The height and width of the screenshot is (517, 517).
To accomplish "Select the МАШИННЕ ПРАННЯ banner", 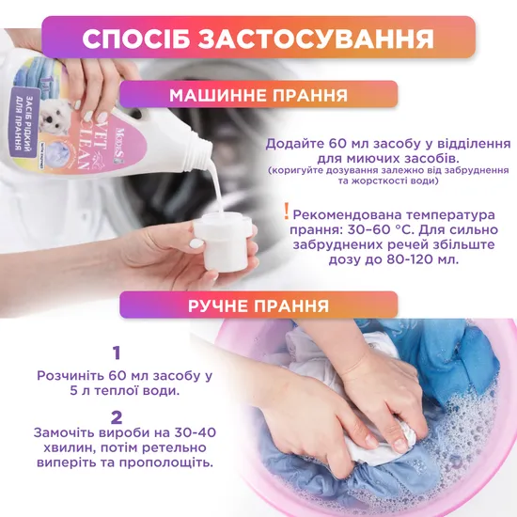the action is [x=258, y=95].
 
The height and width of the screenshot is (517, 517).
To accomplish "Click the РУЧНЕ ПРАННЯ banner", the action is [x=258, y=305].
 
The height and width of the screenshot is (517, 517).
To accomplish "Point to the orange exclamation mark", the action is [x=287, y=211].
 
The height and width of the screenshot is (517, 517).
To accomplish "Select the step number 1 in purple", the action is [x=117, y=352].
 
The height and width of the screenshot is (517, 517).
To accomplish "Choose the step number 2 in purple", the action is [x=117, y=417].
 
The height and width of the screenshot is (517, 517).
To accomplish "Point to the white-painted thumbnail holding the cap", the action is [x=196, y=243].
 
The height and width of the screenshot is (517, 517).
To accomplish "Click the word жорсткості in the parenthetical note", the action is [x=380, y=181].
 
